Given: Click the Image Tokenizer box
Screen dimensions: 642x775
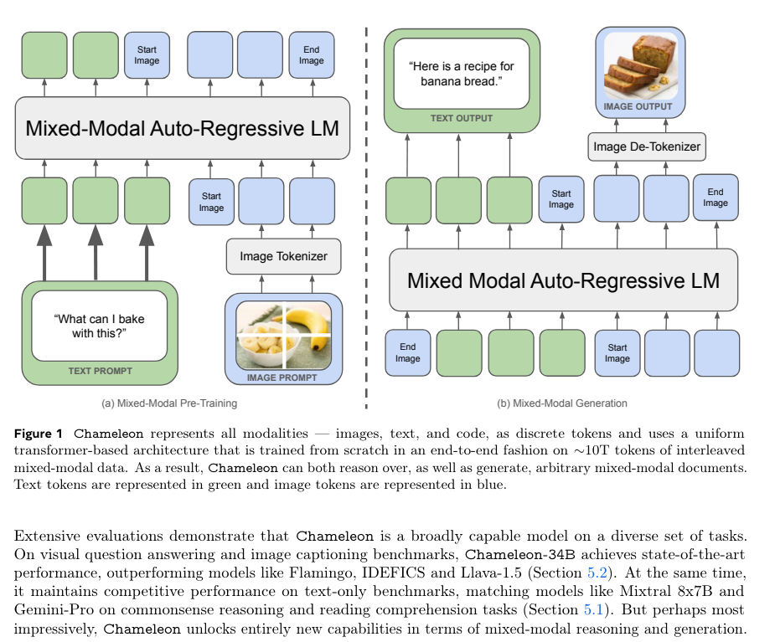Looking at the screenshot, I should pos(283,256).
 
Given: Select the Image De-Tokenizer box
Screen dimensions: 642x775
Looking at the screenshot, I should pos(647,147).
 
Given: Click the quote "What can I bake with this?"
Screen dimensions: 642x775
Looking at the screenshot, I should pos(100,326).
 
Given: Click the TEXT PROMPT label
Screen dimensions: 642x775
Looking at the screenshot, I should pos(100,370).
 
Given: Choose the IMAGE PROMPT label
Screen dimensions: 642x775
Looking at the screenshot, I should pos(283,377).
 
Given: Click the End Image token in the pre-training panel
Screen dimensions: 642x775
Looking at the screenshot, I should pos(311,55).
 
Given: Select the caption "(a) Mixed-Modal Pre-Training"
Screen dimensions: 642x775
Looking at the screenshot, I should pos(169,403).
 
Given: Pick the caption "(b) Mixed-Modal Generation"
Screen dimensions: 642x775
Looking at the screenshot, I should pos(562,403).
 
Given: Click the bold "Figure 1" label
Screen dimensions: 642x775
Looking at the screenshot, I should pos(39,434).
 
